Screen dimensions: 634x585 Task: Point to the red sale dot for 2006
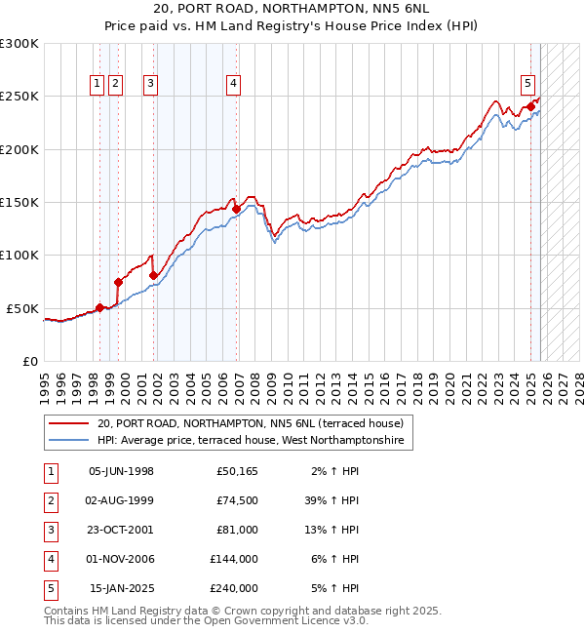pos(236,209)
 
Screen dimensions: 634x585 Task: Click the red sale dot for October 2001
pos(154,275)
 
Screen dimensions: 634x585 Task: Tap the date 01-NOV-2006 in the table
pos(121,559)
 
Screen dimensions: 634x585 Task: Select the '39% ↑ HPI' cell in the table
pos(333,500)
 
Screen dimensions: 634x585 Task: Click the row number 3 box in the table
pos(50,530)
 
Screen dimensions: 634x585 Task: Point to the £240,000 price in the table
pos(234,588)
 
